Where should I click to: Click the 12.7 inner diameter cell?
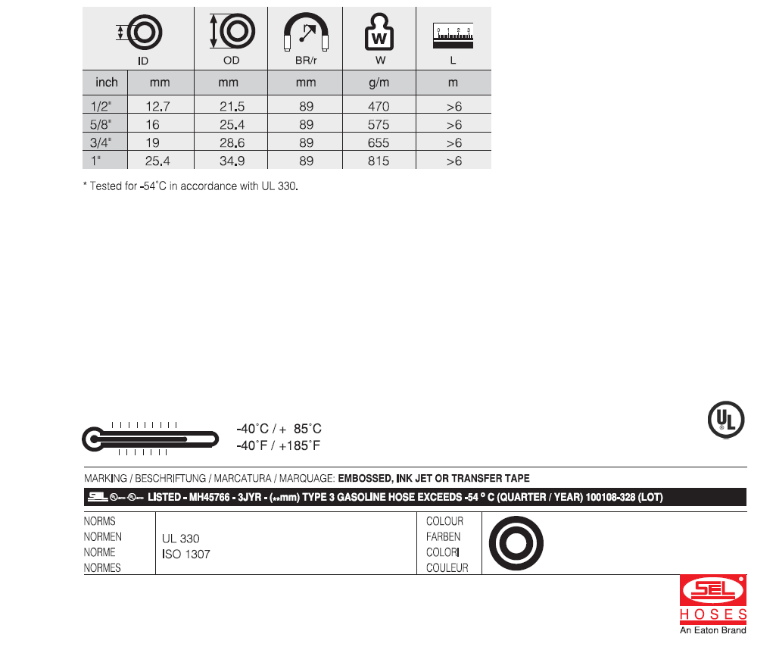coord(158,106)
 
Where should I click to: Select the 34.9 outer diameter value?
coord(232,161)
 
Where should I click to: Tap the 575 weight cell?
coord(379,124)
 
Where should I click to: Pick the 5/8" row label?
coord(101,124)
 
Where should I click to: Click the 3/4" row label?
coord(101,142)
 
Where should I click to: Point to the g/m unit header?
coord(379,83)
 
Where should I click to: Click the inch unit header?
coord(107,82)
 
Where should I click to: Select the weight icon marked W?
coord(379,32)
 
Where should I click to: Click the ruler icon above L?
coord(453,36)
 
